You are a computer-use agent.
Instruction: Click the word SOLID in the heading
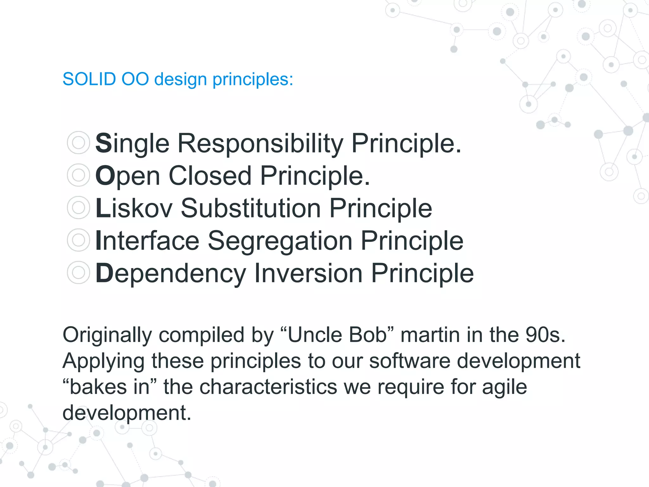(89, 79)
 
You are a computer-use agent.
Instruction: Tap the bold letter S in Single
(103, 143)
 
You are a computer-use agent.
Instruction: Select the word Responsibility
(260, 143)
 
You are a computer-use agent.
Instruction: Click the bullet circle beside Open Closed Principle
(78, 175)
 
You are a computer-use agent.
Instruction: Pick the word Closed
(210, 176)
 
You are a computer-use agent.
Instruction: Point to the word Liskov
(134, 208)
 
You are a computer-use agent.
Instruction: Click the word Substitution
(251, 208)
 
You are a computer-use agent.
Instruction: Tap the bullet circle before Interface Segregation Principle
(78, 240)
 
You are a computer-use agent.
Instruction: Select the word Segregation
(280, 241)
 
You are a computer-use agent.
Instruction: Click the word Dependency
(170, 273)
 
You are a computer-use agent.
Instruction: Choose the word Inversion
(308, 273)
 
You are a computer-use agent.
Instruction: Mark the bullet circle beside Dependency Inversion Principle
(78, 272)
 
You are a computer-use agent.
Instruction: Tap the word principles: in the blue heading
(253, 79)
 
